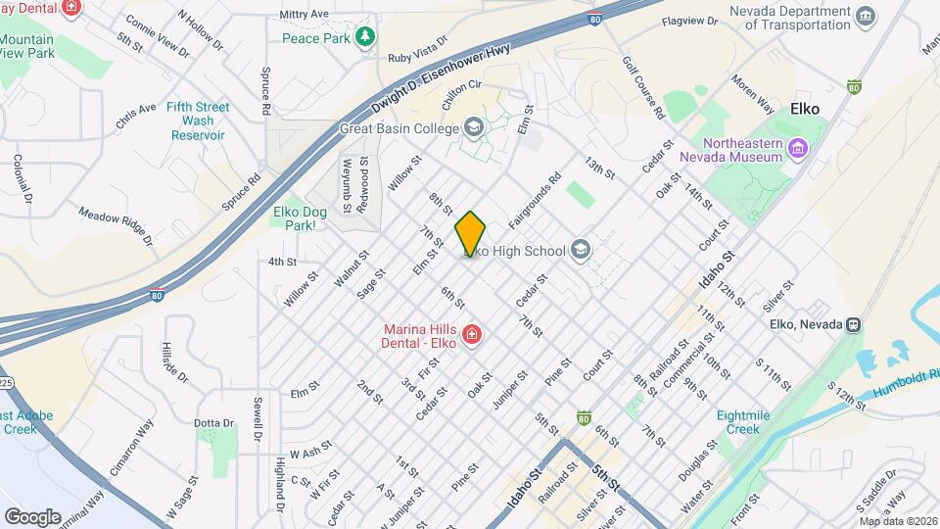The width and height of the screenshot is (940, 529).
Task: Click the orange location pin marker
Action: tap(470, 233)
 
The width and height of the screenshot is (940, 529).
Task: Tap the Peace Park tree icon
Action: tap(365, 37)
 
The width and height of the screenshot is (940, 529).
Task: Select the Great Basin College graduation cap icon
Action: tap(474, 127)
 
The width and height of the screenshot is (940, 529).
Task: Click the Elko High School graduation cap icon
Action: tap(581, 251)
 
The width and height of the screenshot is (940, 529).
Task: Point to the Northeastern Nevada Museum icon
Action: tap(798, 150)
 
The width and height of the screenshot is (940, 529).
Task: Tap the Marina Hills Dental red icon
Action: tap(472, 335)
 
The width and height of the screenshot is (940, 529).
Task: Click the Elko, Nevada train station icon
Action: tap(854, 324)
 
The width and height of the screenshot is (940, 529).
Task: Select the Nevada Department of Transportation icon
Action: tap(865, 16)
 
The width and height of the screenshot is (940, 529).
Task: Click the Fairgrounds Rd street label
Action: tap(534, 195)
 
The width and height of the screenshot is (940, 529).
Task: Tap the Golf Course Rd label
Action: tap(643, 87)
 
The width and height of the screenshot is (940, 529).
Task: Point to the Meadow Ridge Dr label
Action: tap(116, 225)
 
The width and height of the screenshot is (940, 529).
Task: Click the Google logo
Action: tap(32, 516)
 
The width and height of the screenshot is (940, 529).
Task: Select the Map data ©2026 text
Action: tap(897, 521)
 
